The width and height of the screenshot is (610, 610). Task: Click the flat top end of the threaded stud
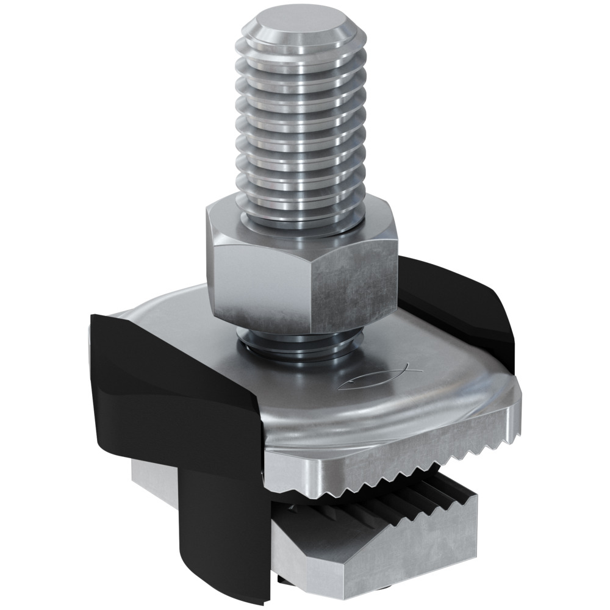coord(300,27)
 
